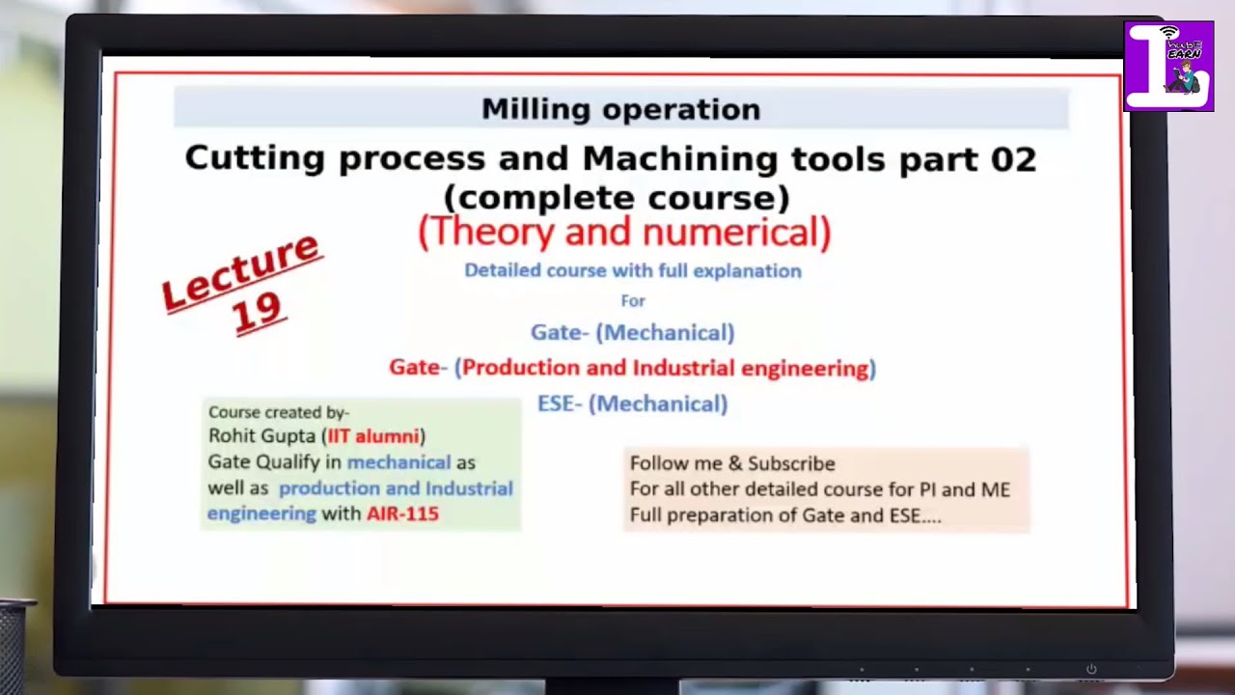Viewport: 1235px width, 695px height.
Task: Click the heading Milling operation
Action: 620,109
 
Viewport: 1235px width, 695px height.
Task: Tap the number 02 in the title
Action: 1012,158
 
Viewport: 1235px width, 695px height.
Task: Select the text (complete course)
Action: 617,198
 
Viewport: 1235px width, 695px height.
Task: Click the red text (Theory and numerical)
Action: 624,233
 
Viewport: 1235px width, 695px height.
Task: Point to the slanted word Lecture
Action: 240,271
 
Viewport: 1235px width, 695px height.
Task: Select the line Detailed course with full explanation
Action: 632,271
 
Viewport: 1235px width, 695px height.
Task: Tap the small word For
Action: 633,301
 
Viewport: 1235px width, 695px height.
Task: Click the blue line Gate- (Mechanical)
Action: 632,333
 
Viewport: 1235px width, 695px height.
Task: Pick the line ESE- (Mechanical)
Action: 632,404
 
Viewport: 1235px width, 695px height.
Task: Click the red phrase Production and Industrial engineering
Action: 666,368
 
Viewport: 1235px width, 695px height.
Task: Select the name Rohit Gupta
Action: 261,436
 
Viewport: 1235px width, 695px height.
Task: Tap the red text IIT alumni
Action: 372,436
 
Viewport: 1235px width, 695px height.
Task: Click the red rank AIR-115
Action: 402,514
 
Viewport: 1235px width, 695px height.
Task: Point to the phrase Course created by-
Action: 279,412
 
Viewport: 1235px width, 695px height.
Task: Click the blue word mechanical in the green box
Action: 398,462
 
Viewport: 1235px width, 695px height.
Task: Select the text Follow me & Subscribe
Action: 732,463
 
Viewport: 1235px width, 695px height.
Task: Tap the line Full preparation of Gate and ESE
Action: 784,515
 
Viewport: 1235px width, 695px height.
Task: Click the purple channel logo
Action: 1168,66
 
